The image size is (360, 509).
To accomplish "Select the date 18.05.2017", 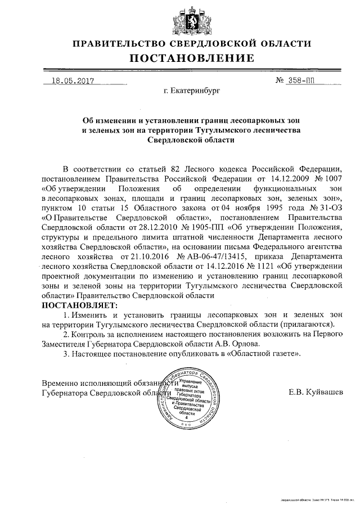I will (71, 80).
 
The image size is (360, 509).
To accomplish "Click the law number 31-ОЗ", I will (330, 207).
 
